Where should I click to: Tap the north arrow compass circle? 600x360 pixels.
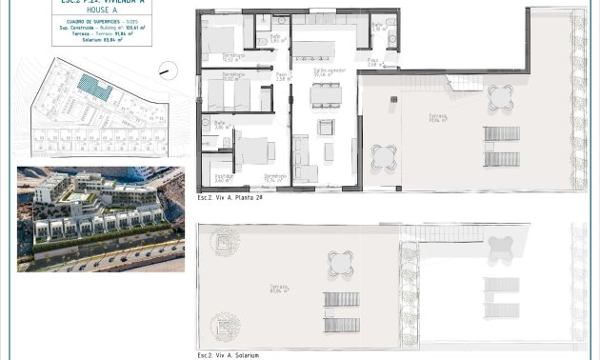[x=167, y=69]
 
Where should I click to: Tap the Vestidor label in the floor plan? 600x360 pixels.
[x=222, y=177]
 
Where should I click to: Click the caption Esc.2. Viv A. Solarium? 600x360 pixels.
[x=228, y=355]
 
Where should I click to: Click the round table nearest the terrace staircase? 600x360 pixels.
[x=499, y=96]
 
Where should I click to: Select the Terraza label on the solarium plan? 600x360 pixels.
[x=278, y=290]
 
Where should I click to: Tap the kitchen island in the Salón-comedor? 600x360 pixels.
[x=313, y=50]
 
